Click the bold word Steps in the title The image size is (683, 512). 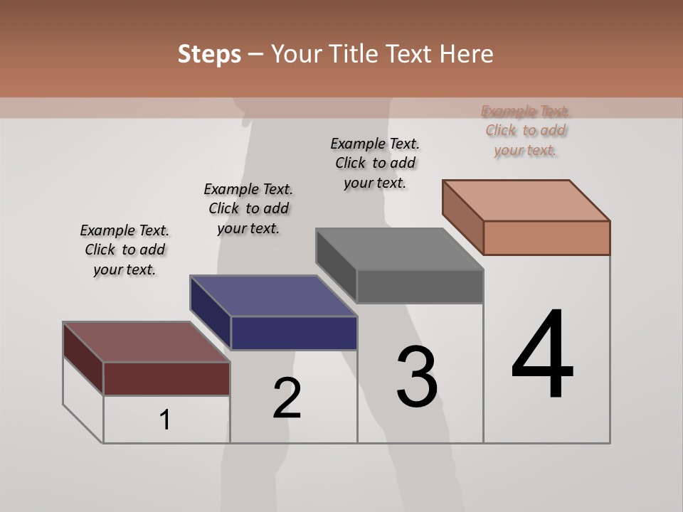(x=209, y=54)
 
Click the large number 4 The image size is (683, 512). (x=542, y=355)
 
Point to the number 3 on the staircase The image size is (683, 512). (x=417, y=377)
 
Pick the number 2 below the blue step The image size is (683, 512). (x=287, y=398)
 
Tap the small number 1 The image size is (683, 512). (x=164, y=420)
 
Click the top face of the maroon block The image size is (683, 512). (x=147, y=342)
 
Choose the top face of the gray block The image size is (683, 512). (x=400, y=249)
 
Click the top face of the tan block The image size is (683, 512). (x=526, y=201)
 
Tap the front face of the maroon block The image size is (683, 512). (x=166, y=378)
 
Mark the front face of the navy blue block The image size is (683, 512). (x=294, y=333)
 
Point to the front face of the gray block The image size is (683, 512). (x=420, y=287)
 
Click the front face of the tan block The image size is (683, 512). (x=546, y=238)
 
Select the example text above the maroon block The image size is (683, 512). (x=125, y=250)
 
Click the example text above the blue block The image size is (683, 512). (x=248, y=208)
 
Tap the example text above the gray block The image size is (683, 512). (x=375, y=163)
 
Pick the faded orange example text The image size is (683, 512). (x=526, y=130)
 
